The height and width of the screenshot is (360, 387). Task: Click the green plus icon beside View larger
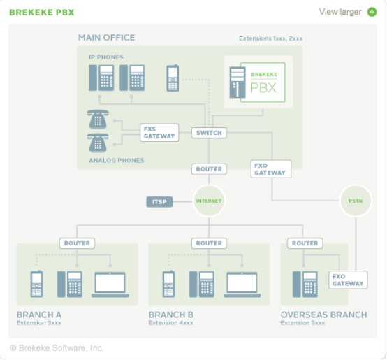point(372,12)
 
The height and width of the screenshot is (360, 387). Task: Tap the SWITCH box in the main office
point(209,133)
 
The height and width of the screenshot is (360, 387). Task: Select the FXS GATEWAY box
point(159,133)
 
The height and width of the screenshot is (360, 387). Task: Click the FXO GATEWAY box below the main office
point(271,169)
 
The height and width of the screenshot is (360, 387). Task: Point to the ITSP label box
point(159,202)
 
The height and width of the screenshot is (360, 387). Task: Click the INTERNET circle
point(209,201)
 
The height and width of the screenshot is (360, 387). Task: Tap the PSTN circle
point(356,201)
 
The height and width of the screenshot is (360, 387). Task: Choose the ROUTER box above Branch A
point(77,243)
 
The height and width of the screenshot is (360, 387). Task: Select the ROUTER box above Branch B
point(209,243)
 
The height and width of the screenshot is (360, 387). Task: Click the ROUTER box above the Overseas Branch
point(305,243)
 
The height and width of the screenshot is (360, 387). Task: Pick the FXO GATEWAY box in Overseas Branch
point(348,280)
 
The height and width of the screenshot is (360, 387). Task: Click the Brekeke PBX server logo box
point(263,82)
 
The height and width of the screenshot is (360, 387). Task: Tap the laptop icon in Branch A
point(110,285)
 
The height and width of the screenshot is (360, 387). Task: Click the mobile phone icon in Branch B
point(169,284)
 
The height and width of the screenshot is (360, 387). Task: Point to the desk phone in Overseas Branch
point(305,285)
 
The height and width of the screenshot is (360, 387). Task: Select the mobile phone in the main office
point(173,78)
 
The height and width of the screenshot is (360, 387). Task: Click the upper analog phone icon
point(98,120)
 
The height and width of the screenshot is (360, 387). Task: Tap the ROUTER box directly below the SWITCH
point(209,169)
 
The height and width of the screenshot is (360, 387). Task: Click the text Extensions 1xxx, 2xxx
point(271,38)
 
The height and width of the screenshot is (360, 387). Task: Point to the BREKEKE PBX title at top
point(42,13)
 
